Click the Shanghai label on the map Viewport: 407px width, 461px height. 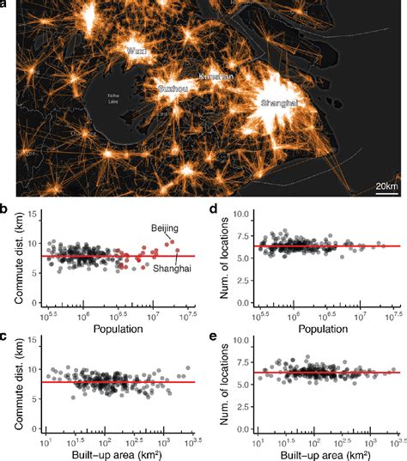point(279,103)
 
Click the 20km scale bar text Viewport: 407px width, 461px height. point(386,186)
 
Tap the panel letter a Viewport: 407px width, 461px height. point(5,6)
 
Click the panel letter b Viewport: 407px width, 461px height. point(5,209)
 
